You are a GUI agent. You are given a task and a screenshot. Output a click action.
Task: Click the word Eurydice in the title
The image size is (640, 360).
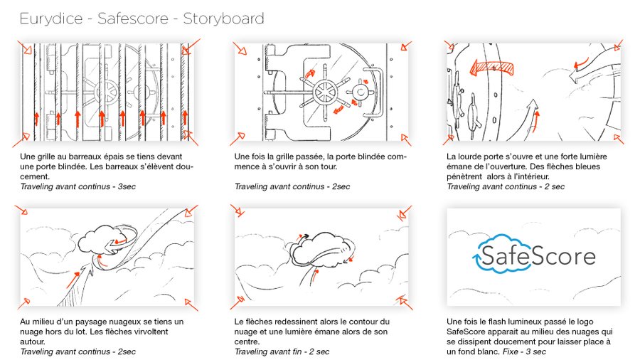tap(51, 19)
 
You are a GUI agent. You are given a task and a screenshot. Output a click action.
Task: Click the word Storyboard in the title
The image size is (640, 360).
tap(223, 18)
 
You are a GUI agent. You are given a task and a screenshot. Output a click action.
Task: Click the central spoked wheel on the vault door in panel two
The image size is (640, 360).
tap(325, 92)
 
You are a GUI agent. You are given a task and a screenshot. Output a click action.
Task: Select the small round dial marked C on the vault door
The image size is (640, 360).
tap(361, 93)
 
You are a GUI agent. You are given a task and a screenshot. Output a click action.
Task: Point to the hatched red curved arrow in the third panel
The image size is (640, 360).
tap(492, 68)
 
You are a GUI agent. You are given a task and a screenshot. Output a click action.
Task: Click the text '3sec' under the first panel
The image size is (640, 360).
tap(127, 186)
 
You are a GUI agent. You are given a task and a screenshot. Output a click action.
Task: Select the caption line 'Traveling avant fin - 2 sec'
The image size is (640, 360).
tap(282, 351)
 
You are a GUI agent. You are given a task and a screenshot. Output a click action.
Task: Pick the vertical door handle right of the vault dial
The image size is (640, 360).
tap(380, 92)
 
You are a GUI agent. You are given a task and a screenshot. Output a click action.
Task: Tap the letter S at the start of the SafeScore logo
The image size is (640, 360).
tap(487, 255)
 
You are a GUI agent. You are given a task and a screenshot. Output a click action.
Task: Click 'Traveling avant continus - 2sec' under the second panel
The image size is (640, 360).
tap(292, 186)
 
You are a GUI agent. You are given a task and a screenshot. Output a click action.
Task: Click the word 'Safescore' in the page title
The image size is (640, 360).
tap(133, 18)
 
